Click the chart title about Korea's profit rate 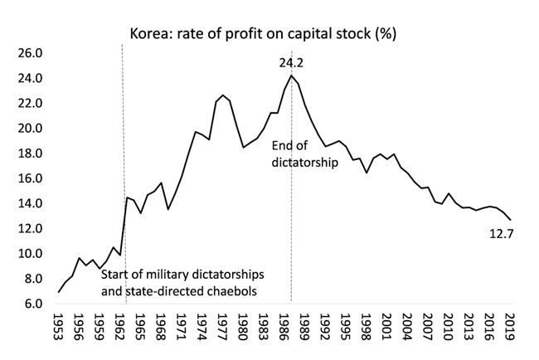click(268, 34)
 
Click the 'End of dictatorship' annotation click(305, 155)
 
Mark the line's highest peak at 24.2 click(291, 76)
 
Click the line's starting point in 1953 click(59, 291)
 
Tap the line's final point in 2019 click(510, 220)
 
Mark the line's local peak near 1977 click(223, 95)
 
